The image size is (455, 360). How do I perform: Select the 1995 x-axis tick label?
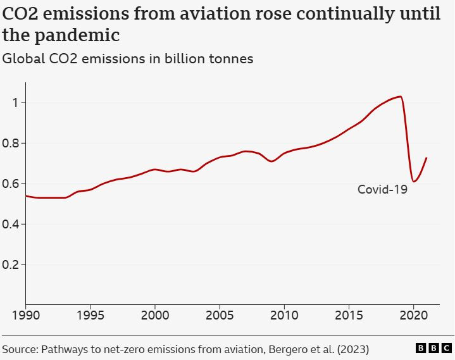(90, 315)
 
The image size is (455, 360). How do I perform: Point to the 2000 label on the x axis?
(155, 315)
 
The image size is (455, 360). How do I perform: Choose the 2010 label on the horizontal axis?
(284, 315)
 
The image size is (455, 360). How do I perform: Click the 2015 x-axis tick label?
(349, 315)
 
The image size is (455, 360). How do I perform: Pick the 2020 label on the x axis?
(413, 315)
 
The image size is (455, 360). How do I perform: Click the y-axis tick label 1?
(13, 102)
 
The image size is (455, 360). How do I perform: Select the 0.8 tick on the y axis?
(11, 143)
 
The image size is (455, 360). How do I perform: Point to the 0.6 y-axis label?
(11, 183)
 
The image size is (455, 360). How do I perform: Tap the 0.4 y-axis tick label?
(11, 224)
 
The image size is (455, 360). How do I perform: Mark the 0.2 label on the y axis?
(11, 264)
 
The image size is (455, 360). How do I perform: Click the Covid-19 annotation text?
(382, 189)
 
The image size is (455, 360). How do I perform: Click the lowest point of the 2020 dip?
(413, 182)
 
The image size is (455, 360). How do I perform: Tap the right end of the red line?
(427, 158)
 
